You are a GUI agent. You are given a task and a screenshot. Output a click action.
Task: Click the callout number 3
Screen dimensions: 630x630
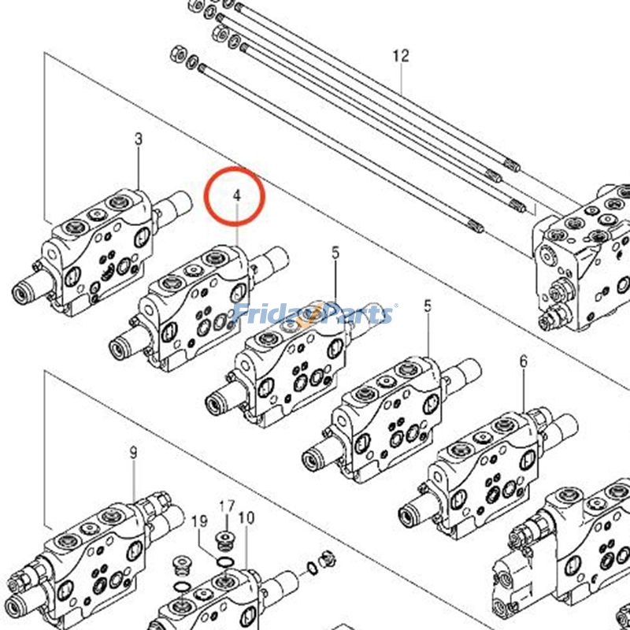pos(139,139)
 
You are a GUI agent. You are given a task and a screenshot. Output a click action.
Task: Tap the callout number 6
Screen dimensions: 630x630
pos(523,361)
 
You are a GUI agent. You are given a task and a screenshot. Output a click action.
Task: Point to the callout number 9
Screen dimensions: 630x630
pos(133,452)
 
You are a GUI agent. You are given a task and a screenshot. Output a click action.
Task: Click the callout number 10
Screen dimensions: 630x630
pos(246,517)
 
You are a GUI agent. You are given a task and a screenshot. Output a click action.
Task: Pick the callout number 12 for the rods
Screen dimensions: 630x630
pos(401,56)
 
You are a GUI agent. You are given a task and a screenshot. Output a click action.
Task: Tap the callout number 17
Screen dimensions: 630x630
pos(227,506)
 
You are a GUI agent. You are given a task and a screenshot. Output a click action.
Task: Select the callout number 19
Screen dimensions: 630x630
pos(199,521)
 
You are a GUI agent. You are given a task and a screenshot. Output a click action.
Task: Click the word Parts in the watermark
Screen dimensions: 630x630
pos(355,314)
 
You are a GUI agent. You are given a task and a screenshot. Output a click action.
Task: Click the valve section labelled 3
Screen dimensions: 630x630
pos(102,252)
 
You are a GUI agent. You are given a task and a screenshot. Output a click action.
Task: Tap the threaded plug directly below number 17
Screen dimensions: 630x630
pos(226,540)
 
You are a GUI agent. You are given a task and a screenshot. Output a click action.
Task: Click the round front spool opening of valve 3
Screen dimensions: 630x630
pos(21,296)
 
